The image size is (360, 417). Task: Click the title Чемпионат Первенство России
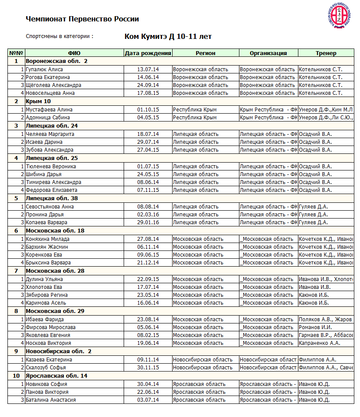82,19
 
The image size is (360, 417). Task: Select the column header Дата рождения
148,53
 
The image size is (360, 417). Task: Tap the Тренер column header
326,53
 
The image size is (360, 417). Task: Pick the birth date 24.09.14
148,85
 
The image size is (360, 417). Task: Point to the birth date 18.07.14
148,134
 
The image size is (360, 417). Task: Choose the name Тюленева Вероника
51,167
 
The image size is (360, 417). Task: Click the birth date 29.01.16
148,222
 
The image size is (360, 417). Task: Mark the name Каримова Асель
46,303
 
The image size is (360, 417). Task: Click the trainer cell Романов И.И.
315,327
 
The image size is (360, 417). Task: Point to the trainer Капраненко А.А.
319,343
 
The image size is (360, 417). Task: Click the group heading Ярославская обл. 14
56,376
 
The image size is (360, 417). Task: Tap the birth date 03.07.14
148,400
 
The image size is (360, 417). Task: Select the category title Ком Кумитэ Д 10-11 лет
168,37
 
